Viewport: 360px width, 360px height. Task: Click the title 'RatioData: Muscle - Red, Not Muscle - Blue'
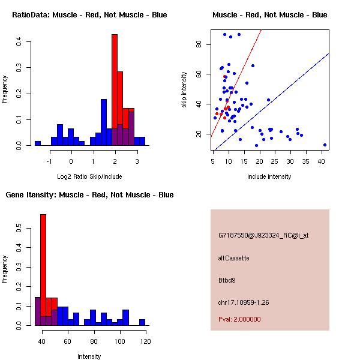tap(89, 14)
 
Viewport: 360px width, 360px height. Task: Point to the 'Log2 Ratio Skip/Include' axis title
tap(89, 176)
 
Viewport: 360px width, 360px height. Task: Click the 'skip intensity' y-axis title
tap(185, 90)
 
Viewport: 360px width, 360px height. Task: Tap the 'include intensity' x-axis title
tap(269, 176)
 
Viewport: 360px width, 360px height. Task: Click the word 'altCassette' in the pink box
tap(234, 258)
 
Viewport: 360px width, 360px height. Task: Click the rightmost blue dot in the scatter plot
tap(325, 145)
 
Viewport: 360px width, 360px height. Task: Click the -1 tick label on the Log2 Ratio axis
tap(50, 161)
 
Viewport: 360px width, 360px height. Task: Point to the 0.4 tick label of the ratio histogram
tap(20, 41)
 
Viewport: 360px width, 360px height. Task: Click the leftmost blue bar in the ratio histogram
tap(38, 143)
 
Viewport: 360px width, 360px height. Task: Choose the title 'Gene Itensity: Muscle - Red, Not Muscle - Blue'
tap(89, 194)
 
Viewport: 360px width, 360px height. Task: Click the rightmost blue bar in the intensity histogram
tap(142, 322)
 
